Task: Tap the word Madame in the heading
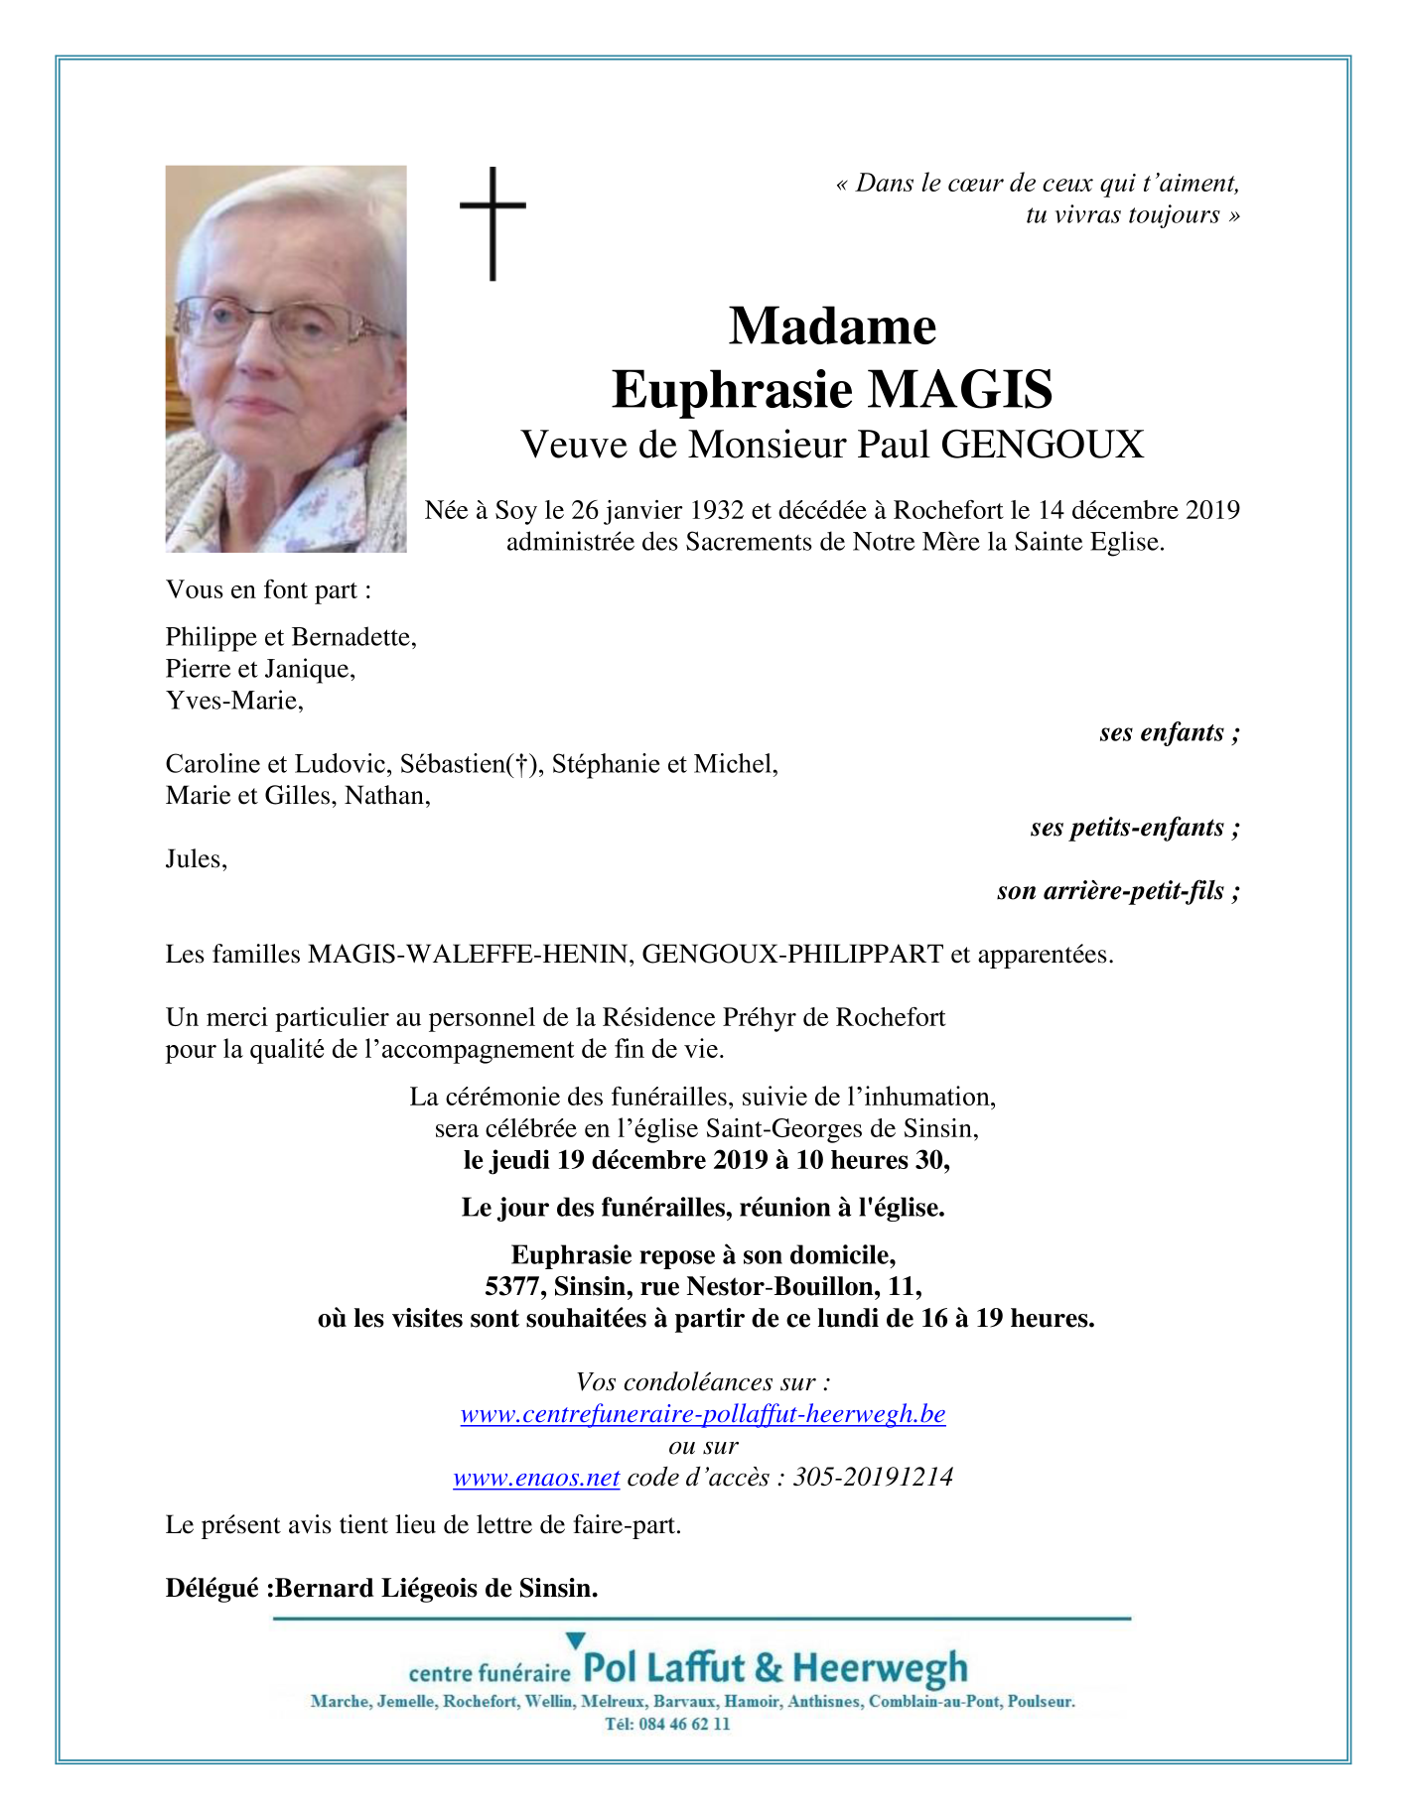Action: (832, 325)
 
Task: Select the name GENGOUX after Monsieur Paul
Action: (1042, 445)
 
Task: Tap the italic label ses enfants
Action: (1169, 732)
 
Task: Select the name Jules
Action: (196, 859)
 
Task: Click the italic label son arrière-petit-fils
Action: (1117, 891)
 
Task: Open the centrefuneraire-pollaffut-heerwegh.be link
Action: (703, 1414)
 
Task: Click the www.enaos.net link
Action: (536, 1478)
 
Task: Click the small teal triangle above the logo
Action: (575, 1640)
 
